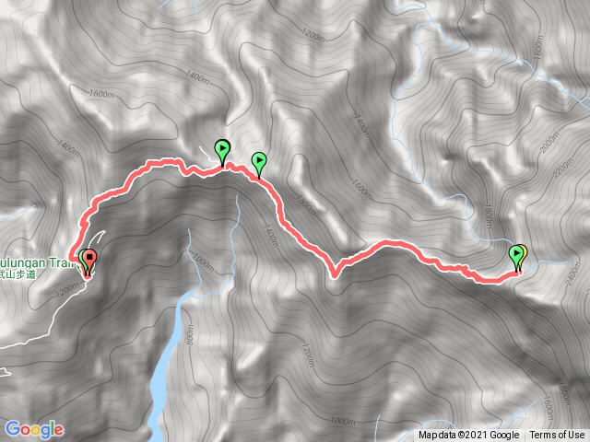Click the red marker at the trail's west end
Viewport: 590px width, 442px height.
[89, 259]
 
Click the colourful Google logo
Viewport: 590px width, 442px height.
[34, 429]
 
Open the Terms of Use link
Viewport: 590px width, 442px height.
[557, 436]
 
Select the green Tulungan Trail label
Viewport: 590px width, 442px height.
[37, 261]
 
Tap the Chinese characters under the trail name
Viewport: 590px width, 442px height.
[37, 273]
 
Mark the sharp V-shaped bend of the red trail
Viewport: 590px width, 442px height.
[334, 272]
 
